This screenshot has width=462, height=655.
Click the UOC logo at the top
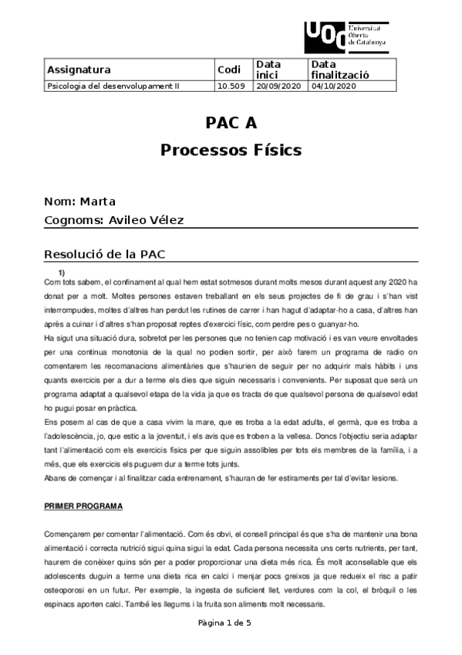(346, 36)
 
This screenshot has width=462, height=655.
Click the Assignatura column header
(79, 70)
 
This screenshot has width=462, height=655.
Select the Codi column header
(230, 70)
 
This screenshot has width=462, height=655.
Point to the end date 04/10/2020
(333, 86)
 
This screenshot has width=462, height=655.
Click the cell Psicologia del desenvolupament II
(113, 86)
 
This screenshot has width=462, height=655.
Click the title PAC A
(231, 124)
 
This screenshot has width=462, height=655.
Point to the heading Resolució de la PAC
(105, 255)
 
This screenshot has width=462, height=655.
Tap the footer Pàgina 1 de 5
(231, 623)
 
